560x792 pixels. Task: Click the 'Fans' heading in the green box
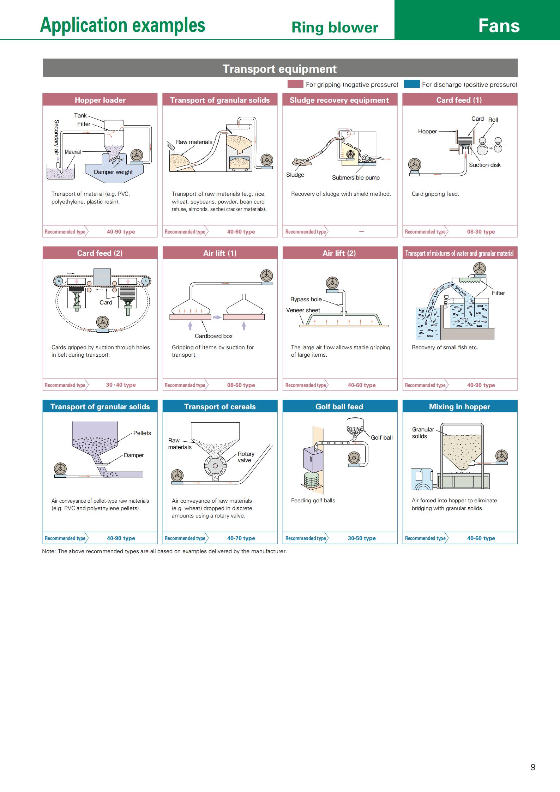(499, 26)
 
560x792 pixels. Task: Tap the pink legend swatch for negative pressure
(295, 84)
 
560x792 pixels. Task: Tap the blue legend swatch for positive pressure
(411, 84)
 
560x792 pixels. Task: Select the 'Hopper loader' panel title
(100, 100)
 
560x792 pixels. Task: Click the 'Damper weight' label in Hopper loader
(113, 172)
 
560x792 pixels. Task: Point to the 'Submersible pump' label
(355, 177)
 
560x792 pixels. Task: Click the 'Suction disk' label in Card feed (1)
(484, 165)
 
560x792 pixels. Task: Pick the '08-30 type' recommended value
(481, 232)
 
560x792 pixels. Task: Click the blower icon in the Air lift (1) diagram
(266, 276)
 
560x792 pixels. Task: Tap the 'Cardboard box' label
(213, 336)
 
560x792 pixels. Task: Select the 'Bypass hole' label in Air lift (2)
(306, 299)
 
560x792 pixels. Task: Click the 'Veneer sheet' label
(303, 310)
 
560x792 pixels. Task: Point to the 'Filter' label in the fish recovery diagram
(498, 293)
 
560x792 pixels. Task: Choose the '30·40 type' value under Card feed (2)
(121, 385)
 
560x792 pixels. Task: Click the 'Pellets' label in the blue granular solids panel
(142, 433)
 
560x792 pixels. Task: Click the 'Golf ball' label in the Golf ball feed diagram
(381, 437)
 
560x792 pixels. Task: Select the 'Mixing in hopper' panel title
(459, 406)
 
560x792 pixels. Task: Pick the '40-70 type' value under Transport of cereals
(241, 538)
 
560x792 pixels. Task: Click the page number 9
(533, 767)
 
